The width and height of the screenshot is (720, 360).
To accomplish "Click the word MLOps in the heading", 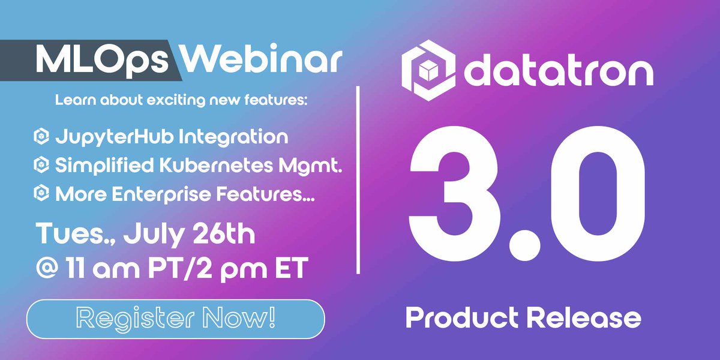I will [104, 59].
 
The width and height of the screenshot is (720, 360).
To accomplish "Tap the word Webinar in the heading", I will [260, 59].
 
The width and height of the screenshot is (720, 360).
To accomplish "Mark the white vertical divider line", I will [359, 180].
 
